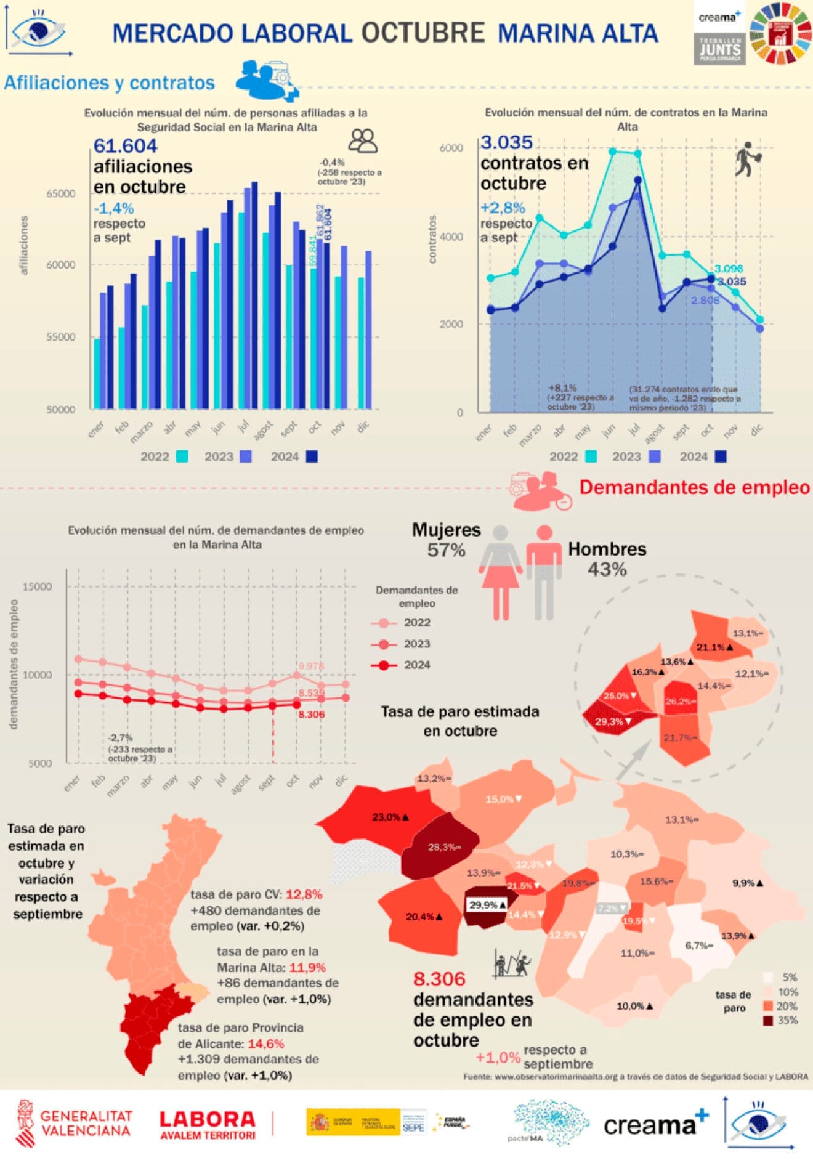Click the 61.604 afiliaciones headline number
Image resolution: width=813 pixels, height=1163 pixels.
tap(125, 146)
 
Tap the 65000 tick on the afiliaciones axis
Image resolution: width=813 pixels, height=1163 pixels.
tap(61, 193)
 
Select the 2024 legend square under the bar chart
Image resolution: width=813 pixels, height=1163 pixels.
tap(312, 456)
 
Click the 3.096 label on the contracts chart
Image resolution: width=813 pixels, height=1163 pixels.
tap(728, 269)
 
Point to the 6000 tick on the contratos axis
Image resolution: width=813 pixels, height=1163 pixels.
tap(451, 148)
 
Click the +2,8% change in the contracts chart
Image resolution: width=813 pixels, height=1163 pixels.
tap(503, 208)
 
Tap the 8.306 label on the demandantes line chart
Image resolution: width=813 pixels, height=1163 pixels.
tap(311, 715)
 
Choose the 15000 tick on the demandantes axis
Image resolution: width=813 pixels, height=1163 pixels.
tap(38, 586)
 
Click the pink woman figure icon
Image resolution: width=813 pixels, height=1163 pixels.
tap(500, 573)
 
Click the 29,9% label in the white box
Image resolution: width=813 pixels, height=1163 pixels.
tap(487, 905)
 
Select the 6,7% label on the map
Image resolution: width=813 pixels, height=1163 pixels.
tap(698, 946)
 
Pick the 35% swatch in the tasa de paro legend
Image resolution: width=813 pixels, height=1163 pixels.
tap(768, 1021)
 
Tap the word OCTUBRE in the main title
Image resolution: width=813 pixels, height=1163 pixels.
tap(423, 33)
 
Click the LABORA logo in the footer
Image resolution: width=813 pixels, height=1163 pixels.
tap(207, 1125)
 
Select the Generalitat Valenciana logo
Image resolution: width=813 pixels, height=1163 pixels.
tap(74, 1123)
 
